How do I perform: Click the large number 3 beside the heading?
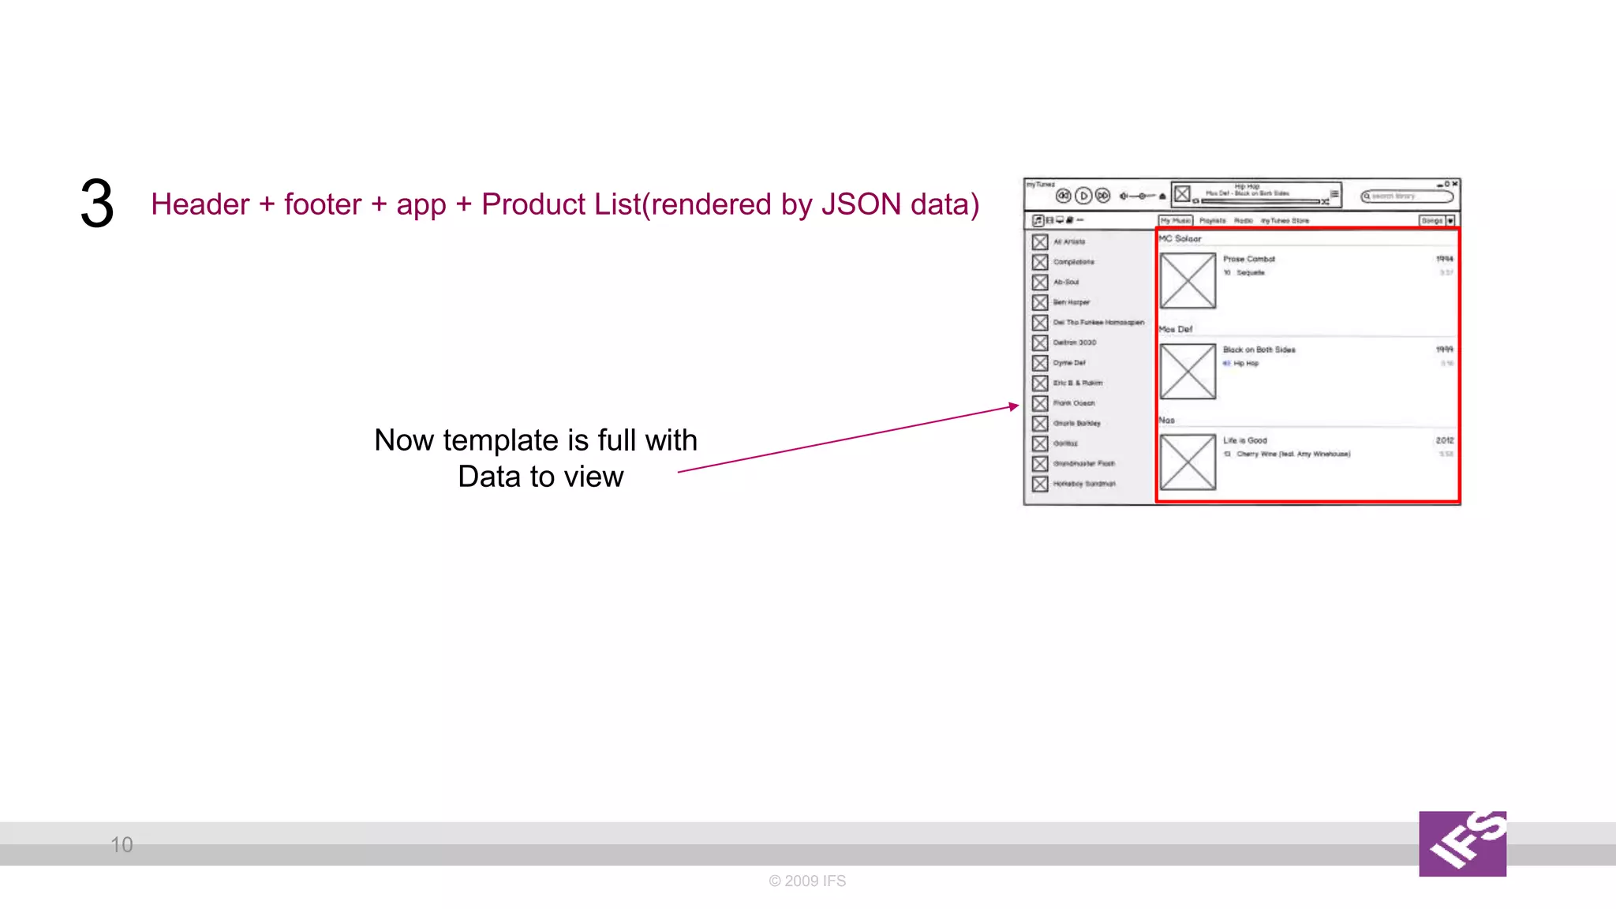(97, 204)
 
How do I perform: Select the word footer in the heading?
(322, 204)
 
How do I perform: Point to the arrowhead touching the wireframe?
(1014, 406)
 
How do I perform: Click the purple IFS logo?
(1462, 844)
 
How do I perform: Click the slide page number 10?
(122, 845)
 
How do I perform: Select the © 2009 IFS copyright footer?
(807, 881)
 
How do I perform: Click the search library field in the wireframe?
(1407, 196)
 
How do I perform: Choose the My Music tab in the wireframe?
(1175, 221)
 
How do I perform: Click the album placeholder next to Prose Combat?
(1188, 281)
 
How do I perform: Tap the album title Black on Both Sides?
(1259, 350)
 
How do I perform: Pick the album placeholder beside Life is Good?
(1188, 462)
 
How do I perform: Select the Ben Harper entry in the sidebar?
(1071, 302)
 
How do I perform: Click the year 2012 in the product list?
(1444, 440)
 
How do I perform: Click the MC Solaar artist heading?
(1180, 238)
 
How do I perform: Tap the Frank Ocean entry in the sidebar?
(1073, 403)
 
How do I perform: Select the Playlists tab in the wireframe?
(1213, 221)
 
